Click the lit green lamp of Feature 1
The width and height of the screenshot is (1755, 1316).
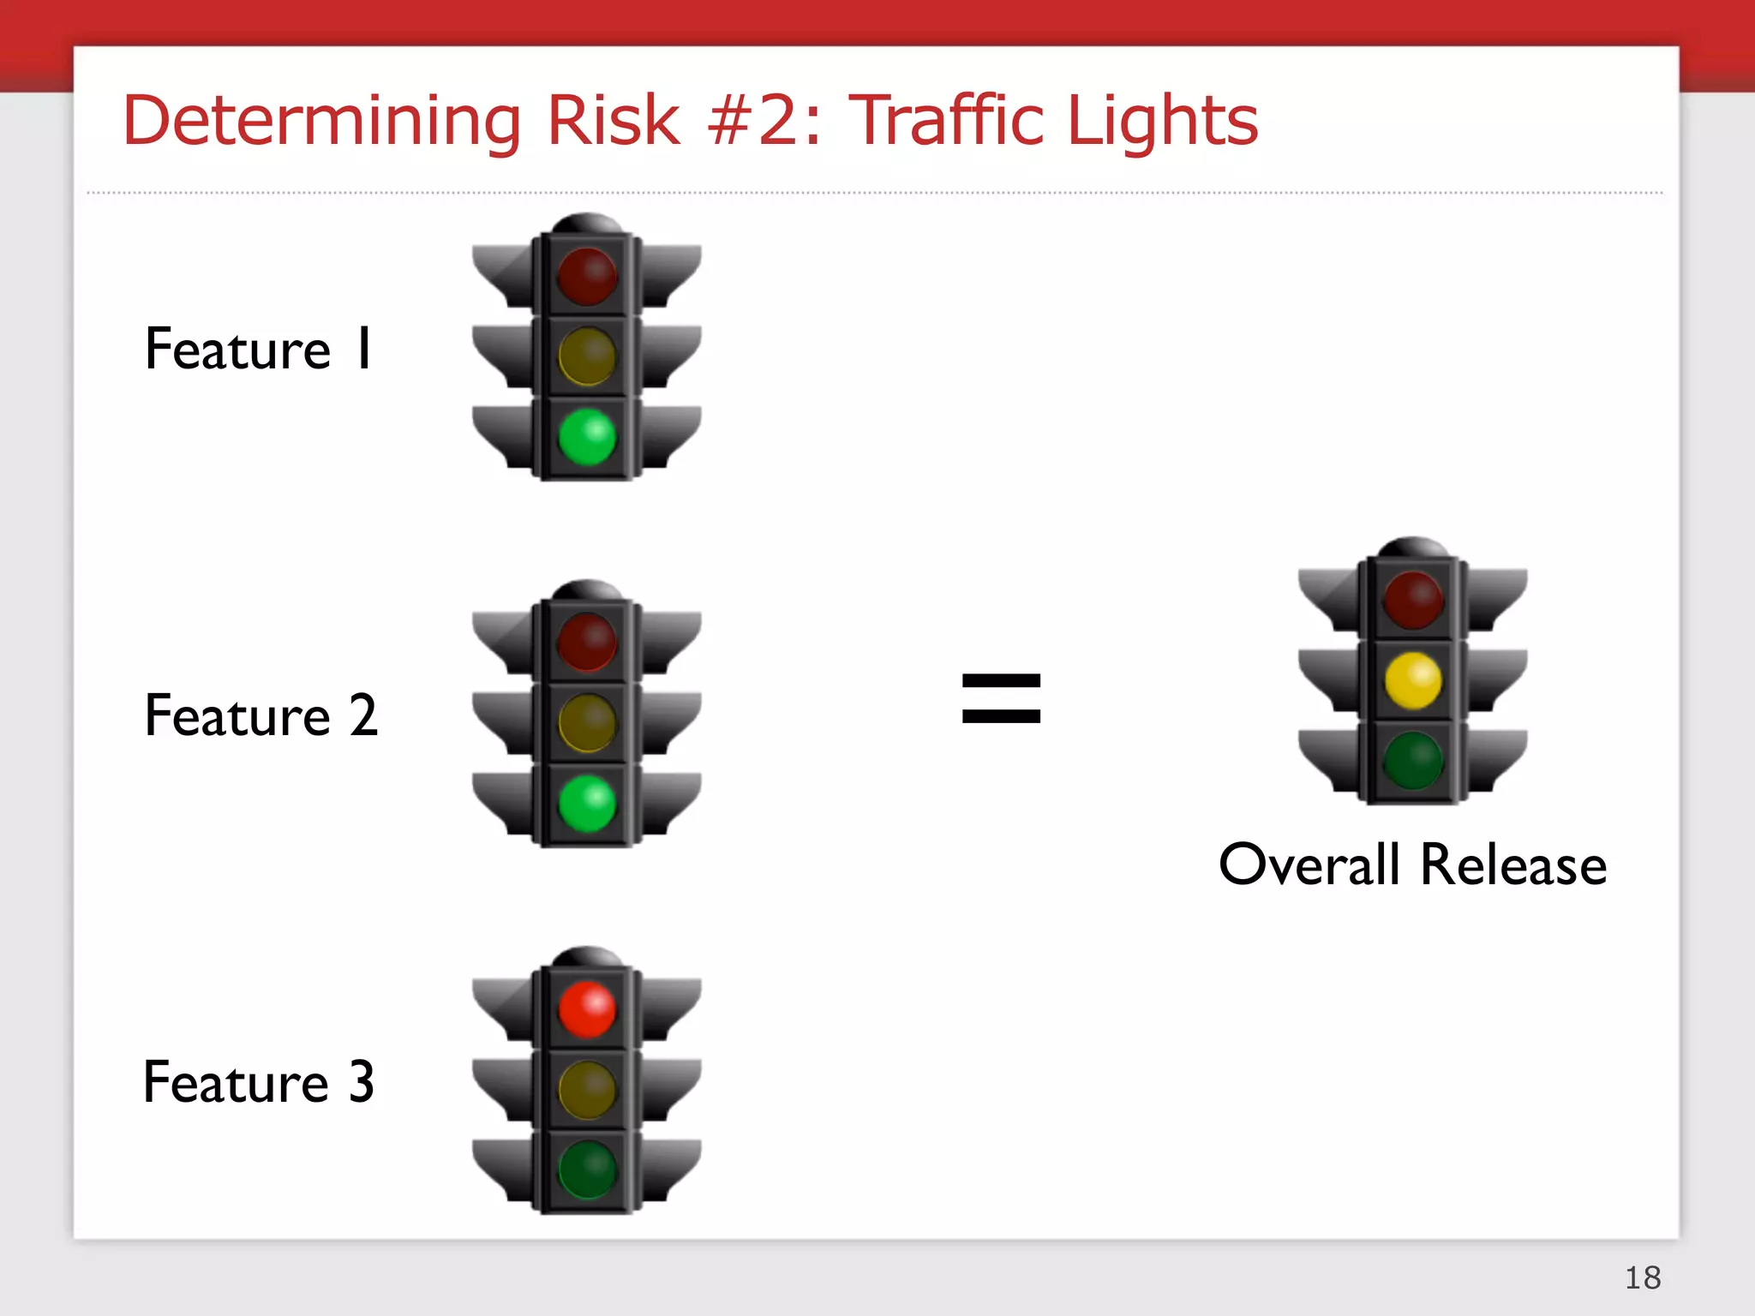pyautogui.click(x=587, y=437)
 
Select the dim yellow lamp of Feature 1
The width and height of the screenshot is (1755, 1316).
pyautogui.click(x=587, y=356)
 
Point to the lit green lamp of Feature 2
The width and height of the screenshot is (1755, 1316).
pyautogui.click(x=587, y=804)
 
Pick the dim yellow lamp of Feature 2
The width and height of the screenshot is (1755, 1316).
pyautogui.click(x=587, y=723)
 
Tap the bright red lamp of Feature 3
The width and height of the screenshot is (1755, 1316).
pyautogui.click(x=587, y=1009)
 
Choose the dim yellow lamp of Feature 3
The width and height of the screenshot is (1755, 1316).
pyautogui.click(x=587, y=1090)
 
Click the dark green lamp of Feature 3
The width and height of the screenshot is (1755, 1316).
pyautogui.click(x=587, y=1170)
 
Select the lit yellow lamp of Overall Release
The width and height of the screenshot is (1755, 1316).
pyautogui.click(x=1413, y=680)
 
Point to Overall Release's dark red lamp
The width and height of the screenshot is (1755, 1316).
pyautogui.click(x=1413, y=601)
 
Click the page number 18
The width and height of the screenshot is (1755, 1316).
pyautogui.click(x=1643, y=1277)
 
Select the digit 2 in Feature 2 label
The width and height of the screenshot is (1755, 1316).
pyautogui.click(x=363, y=715)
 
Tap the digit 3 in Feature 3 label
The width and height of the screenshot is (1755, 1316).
pyautogui.click(x=362, y=1082)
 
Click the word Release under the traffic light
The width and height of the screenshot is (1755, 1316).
pyautogui.click(x=1513, y=864)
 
